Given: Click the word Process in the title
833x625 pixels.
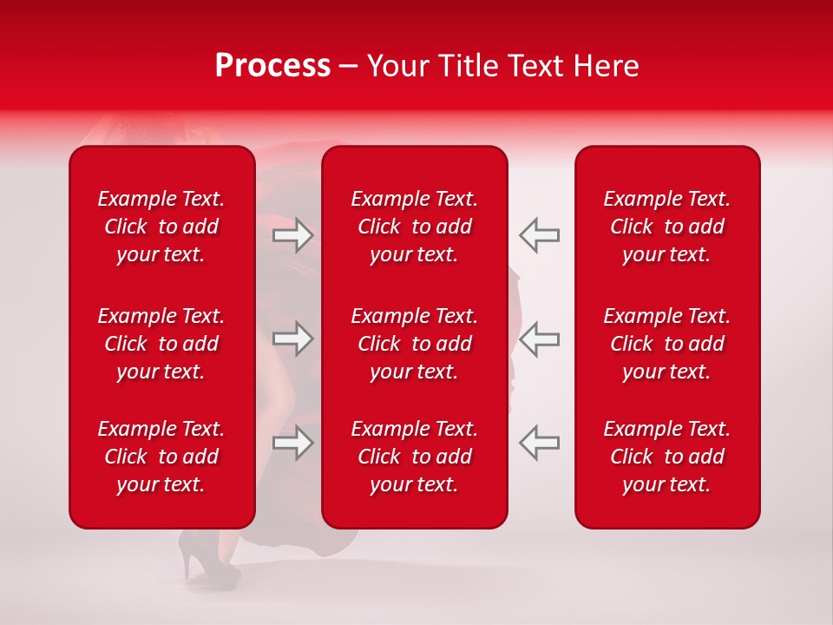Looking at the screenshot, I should pyautogui.click(x=272, y=66).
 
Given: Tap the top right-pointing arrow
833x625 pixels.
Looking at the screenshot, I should pyautogui.click(x=292, y=234).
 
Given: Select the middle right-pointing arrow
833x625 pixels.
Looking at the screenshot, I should pyautogui.click(x=292, y=339).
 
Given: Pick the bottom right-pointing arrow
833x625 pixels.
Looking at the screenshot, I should pyautogui.click(x=292, y=443).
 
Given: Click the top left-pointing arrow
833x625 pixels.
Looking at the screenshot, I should pyautogui.click(x=540, y=234).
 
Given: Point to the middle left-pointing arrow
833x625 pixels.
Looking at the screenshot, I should pyautogui.click(x=540, y=339).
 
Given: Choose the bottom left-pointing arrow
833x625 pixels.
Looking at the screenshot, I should pyautogui.click(x=540, y=443).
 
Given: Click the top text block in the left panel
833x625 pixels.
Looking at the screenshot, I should pyautogui.click(x=161, y=227).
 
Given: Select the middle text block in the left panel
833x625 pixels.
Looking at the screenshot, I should pyautogui.click(x=161, y=344).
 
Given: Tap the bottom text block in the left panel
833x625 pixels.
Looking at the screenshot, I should pyautogui.click(x=161, y=457).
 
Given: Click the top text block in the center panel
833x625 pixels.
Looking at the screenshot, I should pyautogui.click(x=415, y=227).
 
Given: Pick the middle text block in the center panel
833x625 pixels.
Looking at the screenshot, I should pyautogui.click(x=415, y=344).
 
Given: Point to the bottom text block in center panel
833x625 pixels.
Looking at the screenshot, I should pyautogui.click(x=415, y=457).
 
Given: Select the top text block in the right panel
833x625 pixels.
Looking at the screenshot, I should pyautogui.click(x=667, y=227).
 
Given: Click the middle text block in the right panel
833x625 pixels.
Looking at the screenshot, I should pyautogui.click(x=667, y=344).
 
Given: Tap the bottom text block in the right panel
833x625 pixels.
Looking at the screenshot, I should pyautogui.click(x=667, y=457).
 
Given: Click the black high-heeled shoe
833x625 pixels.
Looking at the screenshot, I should pyautogui.click(x=198, y=556).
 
